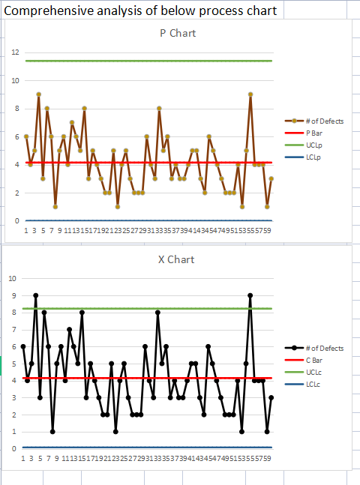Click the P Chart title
click(x=172, y=34)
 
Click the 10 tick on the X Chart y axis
click(x=12, y=278)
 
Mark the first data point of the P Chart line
click(x=26, y=136)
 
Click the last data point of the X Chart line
click(x=271, y=398)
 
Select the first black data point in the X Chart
click(x=23, y=346)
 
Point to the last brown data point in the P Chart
click(x=271, y=178)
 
